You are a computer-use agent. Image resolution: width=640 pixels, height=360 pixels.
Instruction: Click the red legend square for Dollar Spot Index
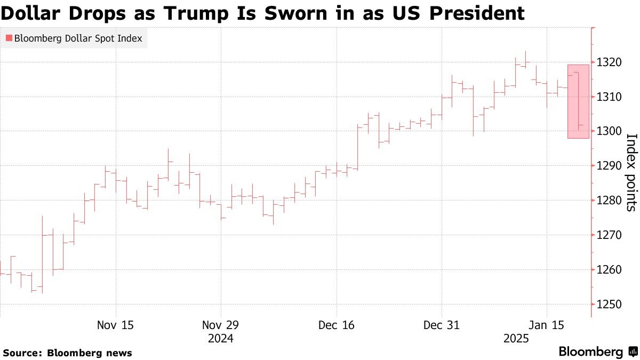(9, 38)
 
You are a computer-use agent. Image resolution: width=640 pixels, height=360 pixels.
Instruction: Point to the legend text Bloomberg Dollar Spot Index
(78, 38)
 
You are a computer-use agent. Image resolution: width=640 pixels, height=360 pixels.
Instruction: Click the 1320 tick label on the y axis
(609, 62)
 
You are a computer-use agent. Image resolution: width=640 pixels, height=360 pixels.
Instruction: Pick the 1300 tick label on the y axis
(609, 131)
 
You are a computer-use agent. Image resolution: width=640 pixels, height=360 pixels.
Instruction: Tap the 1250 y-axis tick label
(609, 304)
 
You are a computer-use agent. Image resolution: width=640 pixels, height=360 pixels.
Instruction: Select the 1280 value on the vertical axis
(609, 201)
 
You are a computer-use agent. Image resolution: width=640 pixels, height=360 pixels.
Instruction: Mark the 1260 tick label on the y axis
(609, 269)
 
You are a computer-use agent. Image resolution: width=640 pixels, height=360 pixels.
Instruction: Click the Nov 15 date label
(116, 325)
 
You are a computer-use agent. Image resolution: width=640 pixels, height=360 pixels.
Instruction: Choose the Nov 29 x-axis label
(221, 325)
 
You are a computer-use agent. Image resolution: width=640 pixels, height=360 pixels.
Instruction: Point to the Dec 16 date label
(336, 325)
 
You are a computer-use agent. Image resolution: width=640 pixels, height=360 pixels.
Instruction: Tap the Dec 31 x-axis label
(441, 325)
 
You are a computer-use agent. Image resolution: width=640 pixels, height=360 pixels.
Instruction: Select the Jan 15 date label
(546, 325)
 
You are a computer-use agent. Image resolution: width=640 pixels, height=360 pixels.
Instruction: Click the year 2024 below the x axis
(221, 339)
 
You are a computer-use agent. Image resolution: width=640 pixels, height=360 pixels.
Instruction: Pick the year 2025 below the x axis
(517, 339)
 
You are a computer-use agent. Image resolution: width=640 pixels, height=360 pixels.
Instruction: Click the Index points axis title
(630, 172)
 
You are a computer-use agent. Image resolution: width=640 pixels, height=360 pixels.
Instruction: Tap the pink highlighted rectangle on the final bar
(578, 101)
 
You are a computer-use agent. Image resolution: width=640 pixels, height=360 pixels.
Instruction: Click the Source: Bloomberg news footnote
(67, 353)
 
